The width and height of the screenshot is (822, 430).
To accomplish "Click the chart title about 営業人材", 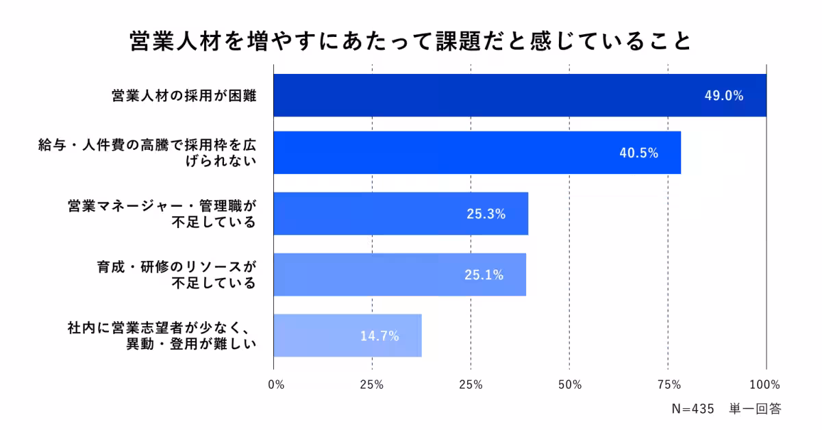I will (410, 40).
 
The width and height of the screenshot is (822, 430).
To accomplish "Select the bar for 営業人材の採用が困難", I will (480, 95).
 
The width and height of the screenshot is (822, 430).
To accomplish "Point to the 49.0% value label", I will (724, 96).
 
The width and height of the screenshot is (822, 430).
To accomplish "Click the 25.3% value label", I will (486, 214).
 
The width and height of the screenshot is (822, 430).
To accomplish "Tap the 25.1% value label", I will (484, 275).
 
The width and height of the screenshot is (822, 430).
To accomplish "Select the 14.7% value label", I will (379, 336).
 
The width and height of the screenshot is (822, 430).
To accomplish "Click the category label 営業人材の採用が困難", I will (184, 96).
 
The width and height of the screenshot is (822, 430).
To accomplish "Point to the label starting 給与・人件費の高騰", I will (147, 153).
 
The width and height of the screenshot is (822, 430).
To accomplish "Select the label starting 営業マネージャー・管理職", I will (162, 214).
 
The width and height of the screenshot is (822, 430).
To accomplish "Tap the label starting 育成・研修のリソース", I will (176, 275).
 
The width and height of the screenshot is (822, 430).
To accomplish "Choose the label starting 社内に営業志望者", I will (162, 336).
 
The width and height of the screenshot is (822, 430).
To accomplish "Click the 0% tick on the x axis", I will (276, 384).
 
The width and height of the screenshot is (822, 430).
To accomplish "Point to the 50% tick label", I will (570, 384).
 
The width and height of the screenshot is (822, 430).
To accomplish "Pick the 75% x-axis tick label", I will (669, 384).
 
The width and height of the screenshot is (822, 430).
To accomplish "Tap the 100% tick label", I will (765, 384).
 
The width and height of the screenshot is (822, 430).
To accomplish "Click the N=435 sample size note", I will (693, 409).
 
